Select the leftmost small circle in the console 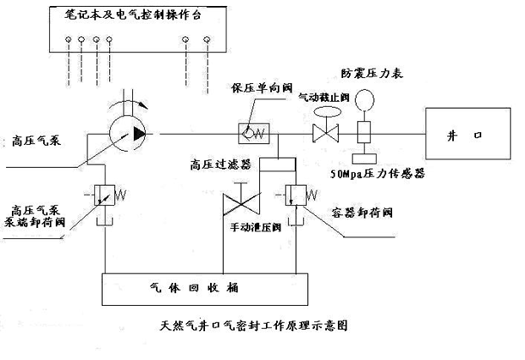click(x=68, y=39)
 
